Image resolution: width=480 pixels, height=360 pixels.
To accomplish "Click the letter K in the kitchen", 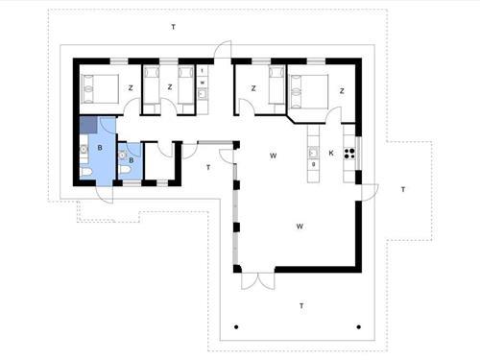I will click(331, 154).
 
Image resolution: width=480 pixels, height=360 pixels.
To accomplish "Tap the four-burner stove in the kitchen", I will click(350, 152).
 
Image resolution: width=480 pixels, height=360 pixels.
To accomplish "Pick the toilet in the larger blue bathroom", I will click(86, 172).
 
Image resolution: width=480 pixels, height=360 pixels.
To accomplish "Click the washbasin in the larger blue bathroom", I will click(84, 150).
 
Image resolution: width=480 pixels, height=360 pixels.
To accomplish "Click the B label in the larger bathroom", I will click(100, 149).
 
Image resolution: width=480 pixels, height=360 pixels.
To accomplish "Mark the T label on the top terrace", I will click(173, 25).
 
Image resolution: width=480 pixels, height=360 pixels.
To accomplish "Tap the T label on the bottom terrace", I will click(300, 305).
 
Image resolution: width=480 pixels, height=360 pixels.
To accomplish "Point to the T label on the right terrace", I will click(403, 190).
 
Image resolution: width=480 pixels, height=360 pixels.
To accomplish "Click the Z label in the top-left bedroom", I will click(130, 88).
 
